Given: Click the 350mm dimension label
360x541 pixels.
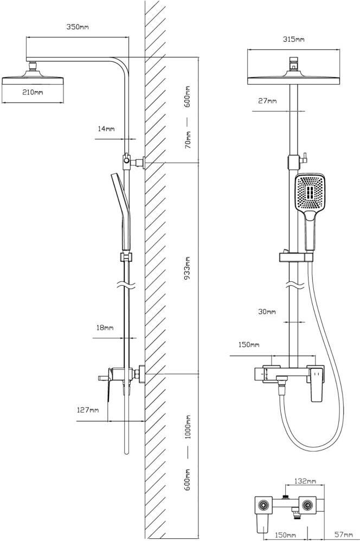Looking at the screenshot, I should click(78, 27).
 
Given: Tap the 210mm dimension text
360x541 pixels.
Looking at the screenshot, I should click(33, 92).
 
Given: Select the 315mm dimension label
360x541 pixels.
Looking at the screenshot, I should click(293, 39).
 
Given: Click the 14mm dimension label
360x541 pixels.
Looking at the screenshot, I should click(106, 129).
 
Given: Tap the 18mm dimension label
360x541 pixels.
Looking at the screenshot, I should click(105, 328).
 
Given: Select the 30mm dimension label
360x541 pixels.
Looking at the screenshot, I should click(267, 312).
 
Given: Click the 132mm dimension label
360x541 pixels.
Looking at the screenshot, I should click(305, 481).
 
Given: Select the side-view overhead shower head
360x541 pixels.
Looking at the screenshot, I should click(34, 81).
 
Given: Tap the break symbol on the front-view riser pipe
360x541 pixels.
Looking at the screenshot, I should click(293, 284).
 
